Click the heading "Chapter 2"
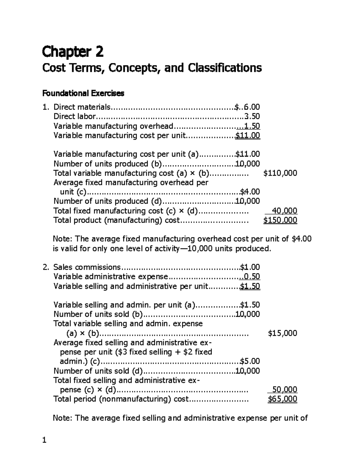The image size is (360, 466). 73,52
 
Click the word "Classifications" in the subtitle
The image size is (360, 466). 225,68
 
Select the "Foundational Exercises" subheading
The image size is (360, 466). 83,93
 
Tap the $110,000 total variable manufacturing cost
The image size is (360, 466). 280,173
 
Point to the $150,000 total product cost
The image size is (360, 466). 280,220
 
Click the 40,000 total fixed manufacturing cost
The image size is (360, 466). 284,211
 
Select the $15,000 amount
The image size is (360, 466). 282,333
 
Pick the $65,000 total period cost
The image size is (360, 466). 282,399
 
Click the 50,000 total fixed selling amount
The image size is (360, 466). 284,389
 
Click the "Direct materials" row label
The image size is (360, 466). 82,107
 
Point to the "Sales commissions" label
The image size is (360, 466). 87,267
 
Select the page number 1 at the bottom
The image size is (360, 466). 44,440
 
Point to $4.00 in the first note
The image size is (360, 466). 301,239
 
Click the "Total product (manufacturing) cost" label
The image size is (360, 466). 116,220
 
